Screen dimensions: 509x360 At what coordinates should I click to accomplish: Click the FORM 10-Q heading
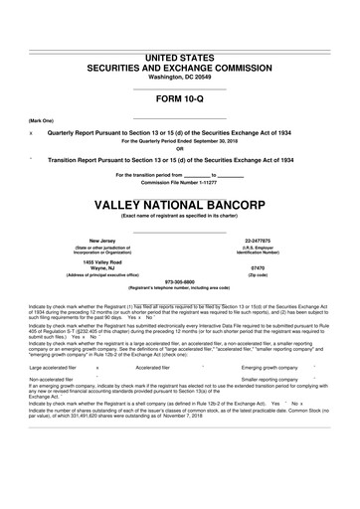179,99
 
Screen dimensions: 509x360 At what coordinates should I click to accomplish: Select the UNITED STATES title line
179,59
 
